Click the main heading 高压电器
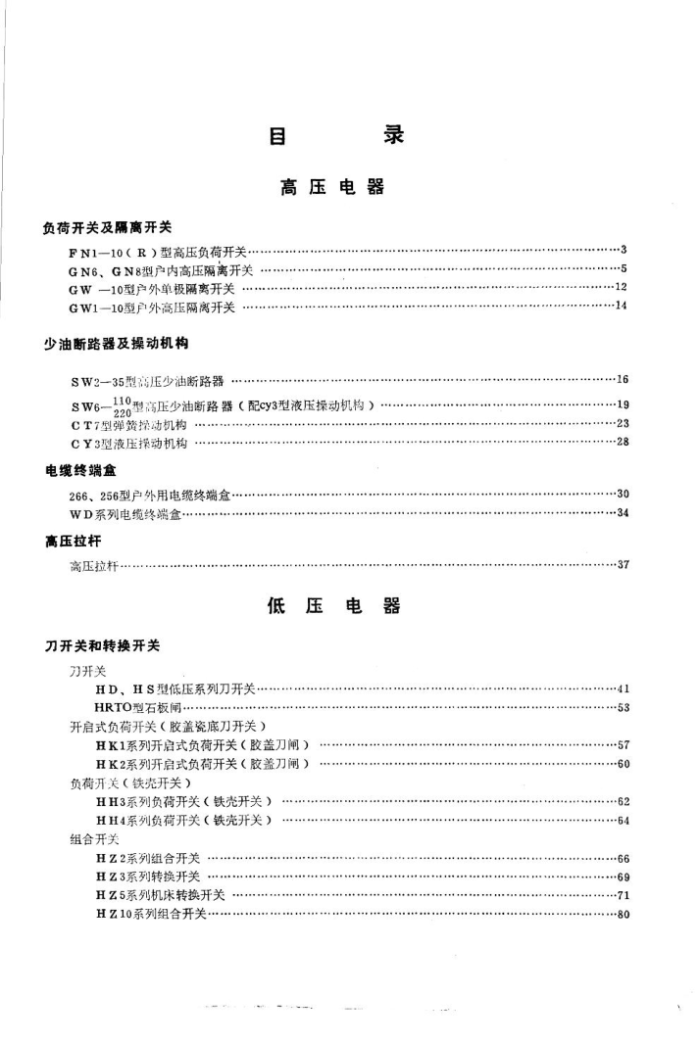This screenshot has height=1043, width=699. pos(332,187)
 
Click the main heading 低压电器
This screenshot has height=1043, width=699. pos(333,606)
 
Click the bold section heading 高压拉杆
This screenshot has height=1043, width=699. pos(73,540)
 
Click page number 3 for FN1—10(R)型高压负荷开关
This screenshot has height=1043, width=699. pos(623,252)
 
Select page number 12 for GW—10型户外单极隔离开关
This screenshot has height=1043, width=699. pos(621,288)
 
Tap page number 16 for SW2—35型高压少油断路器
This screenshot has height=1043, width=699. pos(621,380)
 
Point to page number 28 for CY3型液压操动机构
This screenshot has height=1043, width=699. pos(621,443)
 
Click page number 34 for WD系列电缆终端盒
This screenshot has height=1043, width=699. pos(621,513)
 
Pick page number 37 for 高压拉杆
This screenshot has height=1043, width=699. pos(621,565)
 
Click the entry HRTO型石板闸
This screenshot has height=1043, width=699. pos(137,707)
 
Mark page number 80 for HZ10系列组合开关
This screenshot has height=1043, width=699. pos(621,915)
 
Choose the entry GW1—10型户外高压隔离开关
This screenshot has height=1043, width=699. pos(152,308)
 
